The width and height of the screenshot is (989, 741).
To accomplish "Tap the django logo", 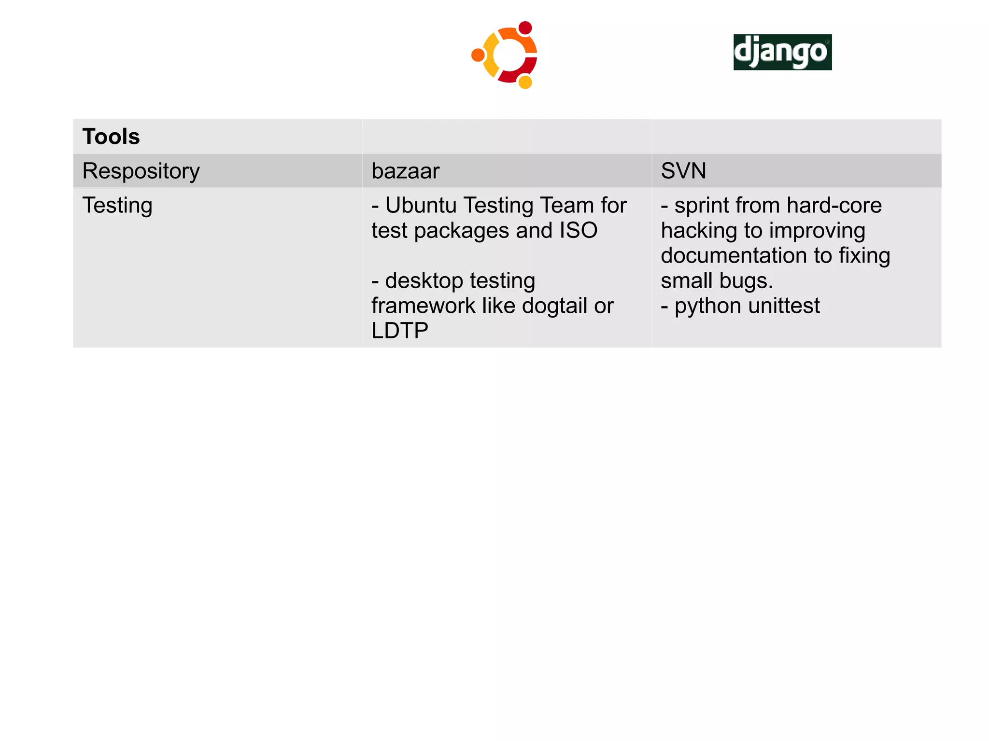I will coord(782,52).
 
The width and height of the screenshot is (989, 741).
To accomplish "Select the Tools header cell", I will coord(111,137).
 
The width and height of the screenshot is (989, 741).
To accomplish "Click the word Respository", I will coord(141,171).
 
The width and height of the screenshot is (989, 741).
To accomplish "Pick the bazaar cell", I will coord(406,171).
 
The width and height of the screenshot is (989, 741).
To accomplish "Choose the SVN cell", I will coord(683,171).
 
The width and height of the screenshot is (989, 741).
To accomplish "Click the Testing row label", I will coord(117,206).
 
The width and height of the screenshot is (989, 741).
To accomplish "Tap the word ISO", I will coord(578,231).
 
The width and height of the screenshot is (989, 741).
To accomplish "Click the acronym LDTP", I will coord(400,331).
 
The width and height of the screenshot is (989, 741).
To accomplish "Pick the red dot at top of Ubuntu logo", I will coord(525,28).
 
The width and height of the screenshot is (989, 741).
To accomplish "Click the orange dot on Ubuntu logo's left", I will coord(478,55).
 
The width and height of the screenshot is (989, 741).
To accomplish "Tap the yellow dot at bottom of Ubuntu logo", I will coord(525,82).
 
